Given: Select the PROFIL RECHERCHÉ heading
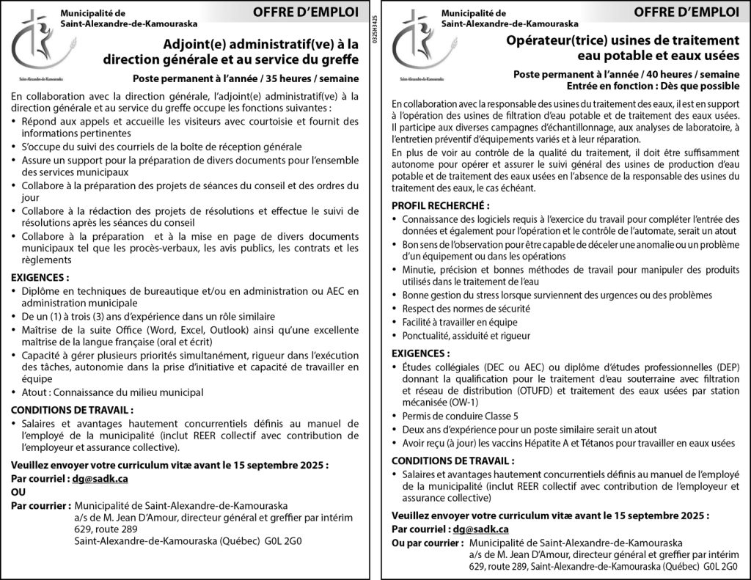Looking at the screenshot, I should point(440,206).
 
